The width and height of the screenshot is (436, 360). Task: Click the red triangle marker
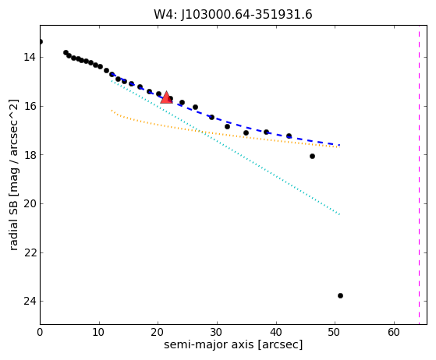pos(166,97)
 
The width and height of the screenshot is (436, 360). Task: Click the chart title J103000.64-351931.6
pos(233,15)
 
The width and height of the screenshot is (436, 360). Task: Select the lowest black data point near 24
pos(340,295)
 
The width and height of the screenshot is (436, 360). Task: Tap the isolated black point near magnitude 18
pos(312,156)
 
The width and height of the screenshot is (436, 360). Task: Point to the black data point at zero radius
pos(41,41)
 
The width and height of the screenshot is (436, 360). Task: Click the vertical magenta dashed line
pos(419,175)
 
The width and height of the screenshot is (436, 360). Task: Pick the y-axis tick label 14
pos(30,57)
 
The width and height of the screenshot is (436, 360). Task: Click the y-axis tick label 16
pos(30,106)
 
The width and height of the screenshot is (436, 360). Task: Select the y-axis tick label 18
pos(30,155)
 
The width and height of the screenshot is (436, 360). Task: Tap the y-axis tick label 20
pos(30,203)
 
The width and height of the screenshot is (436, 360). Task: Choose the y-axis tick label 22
pos(30,252)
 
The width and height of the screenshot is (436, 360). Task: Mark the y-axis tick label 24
pos(30,301)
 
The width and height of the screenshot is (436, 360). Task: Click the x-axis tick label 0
pos(40,332)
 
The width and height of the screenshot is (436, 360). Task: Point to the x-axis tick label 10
pos(99,332)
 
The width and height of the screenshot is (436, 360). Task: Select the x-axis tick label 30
pos(217,332)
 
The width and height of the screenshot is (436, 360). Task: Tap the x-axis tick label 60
pos(394,332)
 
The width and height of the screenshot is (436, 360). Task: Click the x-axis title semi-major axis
pos(209,345)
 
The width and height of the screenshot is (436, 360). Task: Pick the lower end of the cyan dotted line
pos(339,214)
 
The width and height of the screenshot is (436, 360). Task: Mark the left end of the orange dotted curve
pos(112,111)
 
